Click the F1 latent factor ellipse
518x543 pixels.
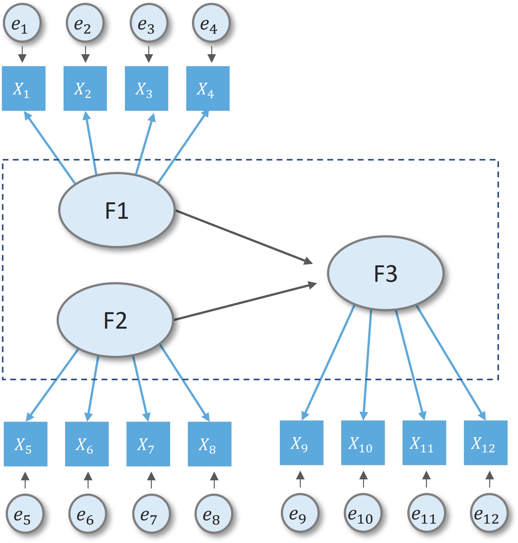117,210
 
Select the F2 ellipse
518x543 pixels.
115,320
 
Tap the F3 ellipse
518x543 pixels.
385,273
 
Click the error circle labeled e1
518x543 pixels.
22,23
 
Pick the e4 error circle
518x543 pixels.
211,23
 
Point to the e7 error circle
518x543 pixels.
151,514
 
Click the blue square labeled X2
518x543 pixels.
85,88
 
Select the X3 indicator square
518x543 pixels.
146,88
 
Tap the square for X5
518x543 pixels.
26,444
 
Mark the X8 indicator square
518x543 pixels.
210,444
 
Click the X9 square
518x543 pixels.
301,443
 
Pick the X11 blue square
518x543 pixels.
424,443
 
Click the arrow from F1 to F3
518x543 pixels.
244,237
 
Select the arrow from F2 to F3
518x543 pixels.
245,302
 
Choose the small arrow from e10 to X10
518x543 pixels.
363,479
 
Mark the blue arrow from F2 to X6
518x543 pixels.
93,389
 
